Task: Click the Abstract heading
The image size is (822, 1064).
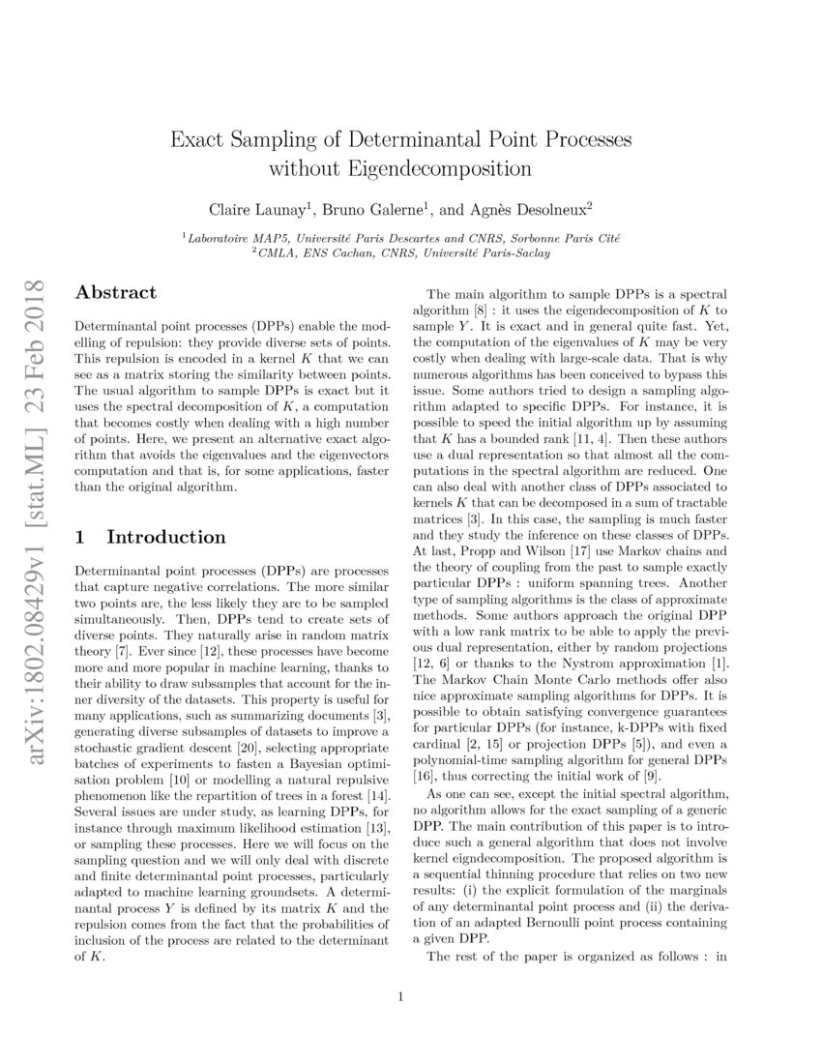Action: click(116, 292)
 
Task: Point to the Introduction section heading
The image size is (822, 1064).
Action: click(165, 537)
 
